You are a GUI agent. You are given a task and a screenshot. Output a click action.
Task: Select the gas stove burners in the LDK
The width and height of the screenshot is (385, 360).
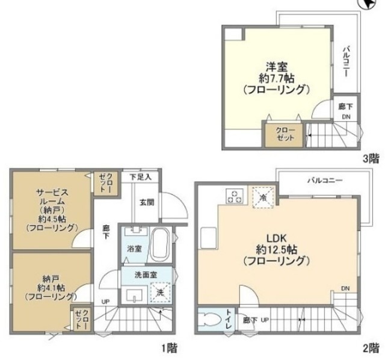[x=234, y=196]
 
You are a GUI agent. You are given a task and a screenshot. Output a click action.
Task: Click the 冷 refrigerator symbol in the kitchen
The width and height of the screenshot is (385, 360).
[x=263, y=196]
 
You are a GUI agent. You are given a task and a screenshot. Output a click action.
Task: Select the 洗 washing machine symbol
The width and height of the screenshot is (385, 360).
[x=160, y=293]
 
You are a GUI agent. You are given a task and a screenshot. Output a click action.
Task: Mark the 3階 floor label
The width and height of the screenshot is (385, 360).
[x=371, y=160]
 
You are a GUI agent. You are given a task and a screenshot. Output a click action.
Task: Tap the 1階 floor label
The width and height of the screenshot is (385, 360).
[x=169, y=347]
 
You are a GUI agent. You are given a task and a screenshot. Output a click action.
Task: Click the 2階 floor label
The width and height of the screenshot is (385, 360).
[x=371, y=347]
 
